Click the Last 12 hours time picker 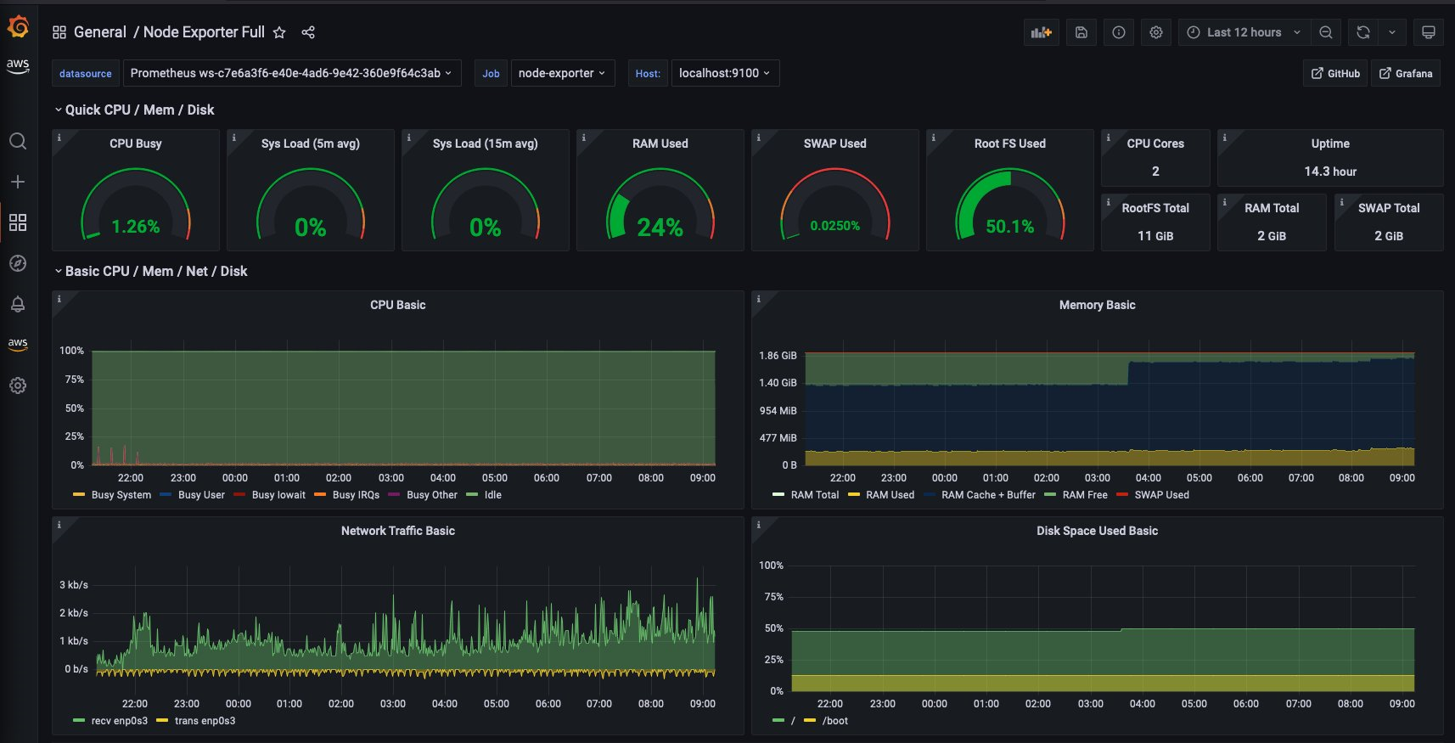(1243, 32)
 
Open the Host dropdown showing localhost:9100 (724, 73)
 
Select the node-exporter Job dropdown (561, 73)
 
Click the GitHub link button (1335, 74)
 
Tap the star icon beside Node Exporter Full (279, 32)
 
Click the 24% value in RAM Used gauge (660, 227)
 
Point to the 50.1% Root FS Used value (1009, 227)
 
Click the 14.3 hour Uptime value (1330, 172)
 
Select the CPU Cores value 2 (1155, 172)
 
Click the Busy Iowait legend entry (278, 495)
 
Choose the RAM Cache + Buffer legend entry (987, 495)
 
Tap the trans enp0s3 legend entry (205, 721)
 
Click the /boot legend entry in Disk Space (834, 721)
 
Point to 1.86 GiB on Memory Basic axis (778, 356)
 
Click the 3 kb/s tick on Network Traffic (74, 585)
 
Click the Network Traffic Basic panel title (397, 531)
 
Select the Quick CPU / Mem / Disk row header (139, 110)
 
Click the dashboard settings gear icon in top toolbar (1155, 32)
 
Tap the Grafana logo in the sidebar (18, 28)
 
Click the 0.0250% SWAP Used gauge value (834, 226)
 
